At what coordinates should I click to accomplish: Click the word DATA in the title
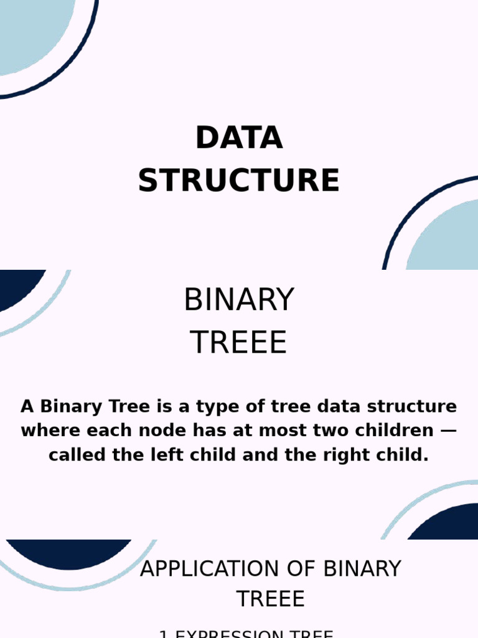tap(239, 138)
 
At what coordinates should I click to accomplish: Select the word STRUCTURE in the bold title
tap(239, 181)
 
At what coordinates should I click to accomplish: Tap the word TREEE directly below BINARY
tap(239, 343)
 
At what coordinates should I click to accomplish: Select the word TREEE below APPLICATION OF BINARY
tap(271, 599)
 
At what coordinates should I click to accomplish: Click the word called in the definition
tap(73, 455)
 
